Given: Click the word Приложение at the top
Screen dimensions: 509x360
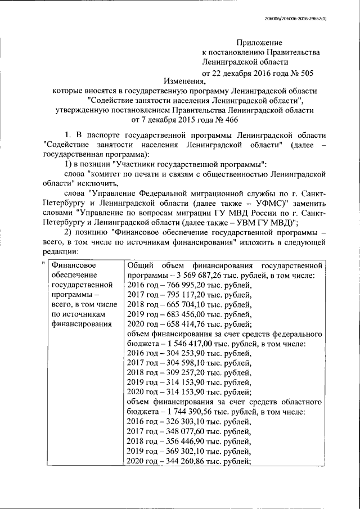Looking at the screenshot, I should (259, 42).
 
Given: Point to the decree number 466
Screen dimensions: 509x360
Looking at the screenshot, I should (218, 120).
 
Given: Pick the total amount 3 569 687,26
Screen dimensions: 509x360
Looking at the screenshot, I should (196, 276).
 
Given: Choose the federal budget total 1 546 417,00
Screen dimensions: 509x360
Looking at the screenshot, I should (186, 343).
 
